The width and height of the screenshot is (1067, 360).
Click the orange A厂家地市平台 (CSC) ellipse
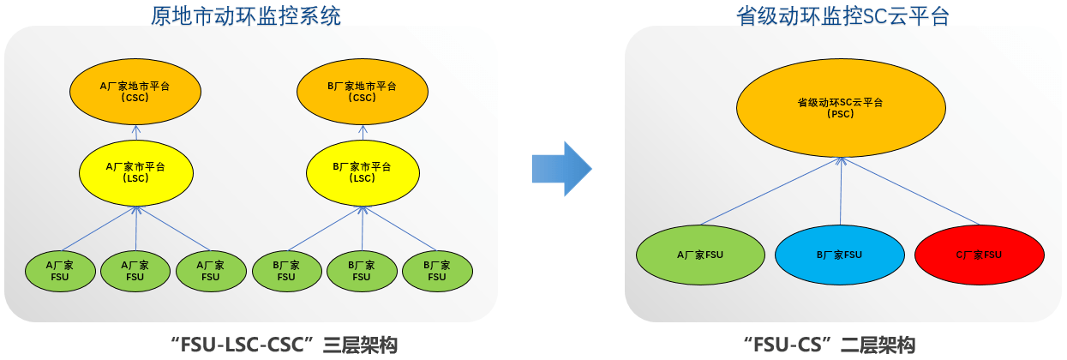[135, 91]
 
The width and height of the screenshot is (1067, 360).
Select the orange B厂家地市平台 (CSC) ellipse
[363, 91]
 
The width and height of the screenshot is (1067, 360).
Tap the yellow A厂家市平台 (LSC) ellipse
[135, 172]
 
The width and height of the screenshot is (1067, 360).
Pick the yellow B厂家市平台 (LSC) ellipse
[363, 172]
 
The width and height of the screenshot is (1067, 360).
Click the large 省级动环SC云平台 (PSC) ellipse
[841, 108]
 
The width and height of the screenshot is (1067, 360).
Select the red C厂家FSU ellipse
[979, 255]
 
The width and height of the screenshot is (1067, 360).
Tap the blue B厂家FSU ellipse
[839, 255]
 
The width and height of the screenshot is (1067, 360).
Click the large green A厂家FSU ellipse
[700, 255]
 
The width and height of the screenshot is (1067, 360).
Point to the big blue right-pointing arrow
[560, 168]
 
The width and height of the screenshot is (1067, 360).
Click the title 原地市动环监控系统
[245, 15]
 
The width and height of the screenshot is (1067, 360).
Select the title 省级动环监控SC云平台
[843, 15]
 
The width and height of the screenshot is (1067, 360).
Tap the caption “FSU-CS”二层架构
[829, 345]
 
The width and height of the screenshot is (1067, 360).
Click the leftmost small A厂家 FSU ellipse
[60, 271]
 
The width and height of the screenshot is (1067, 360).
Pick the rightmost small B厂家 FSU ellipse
[437, 271]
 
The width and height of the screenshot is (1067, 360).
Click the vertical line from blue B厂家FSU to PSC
[841, 194]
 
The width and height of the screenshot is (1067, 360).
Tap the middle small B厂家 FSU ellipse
[362, 271]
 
